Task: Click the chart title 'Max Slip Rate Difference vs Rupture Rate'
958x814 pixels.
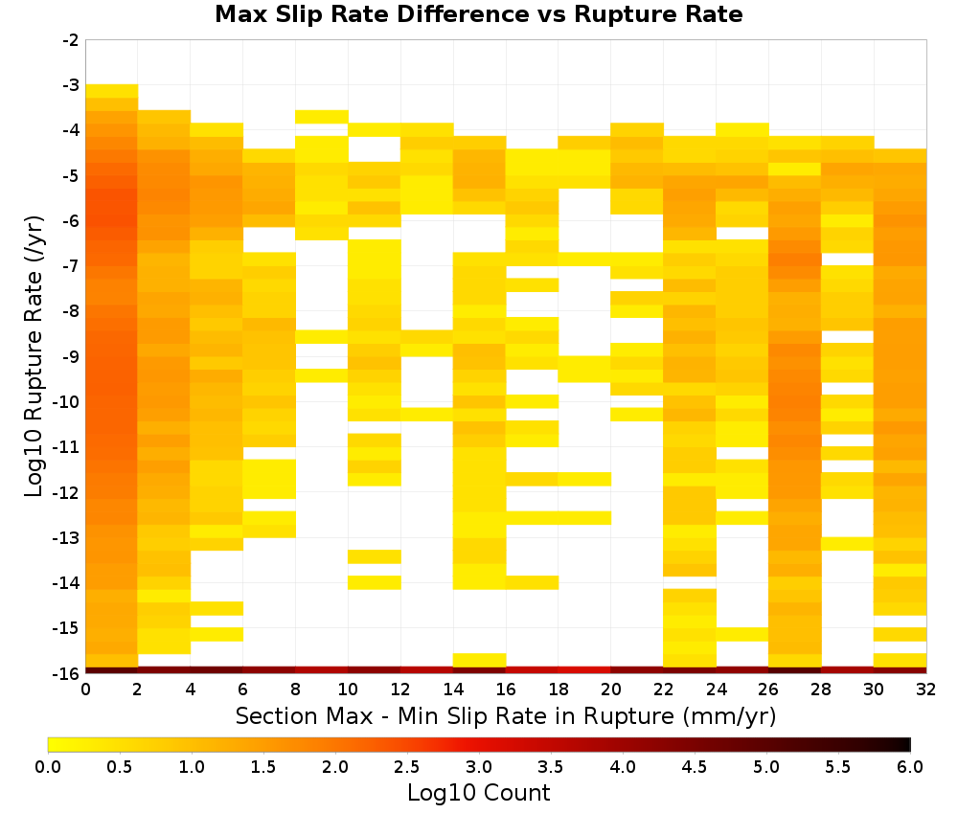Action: (478, 14)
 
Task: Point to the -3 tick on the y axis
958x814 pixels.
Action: (71, 85)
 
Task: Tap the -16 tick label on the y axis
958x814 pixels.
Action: (67, 673)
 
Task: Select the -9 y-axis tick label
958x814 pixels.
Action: (71, 356)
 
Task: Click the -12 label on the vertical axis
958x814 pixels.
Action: (67, 492)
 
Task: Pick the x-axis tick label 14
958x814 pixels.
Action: (453, 690)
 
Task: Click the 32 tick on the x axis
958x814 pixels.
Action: (925, 690)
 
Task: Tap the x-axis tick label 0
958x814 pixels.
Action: (85, 690)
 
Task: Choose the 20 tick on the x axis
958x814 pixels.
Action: (610, 690)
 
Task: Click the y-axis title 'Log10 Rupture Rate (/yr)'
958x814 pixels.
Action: (34, 356)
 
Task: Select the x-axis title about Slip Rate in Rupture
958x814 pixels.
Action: (505, 715)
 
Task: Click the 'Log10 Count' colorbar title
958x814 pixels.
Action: (478, 793)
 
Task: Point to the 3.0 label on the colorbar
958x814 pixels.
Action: (478, 767)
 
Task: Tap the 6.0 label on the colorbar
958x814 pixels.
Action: (910, 767)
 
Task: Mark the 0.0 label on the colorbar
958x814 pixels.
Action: (48, 767)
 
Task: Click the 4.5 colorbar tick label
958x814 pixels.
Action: (694, 767)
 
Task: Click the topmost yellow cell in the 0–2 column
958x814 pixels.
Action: (112, 91)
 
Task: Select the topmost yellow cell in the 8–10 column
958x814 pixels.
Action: (322, 117)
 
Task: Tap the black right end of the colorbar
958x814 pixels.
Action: (906, 744)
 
